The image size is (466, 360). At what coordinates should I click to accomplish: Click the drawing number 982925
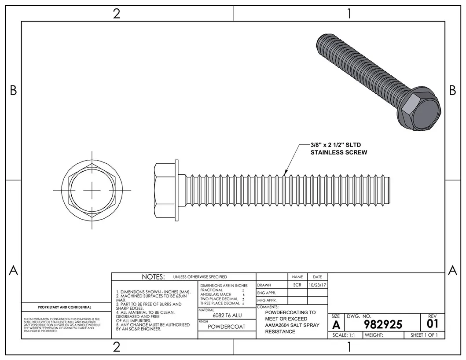pyautogui.click(x=383, y=324)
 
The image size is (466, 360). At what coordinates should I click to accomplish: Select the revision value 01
pyautogui.click(x=432, y=324)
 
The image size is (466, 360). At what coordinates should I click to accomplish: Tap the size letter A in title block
pyautogui.click(x=336, y=325)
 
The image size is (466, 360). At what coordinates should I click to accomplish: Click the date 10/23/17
pyautogui.click(x=317, y=285)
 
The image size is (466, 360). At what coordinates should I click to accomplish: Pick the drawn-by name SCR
pyautogui.click(x=297, y=285)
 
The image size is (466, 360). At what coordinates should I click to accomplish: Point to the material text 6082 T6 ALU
pyautogui.click(x=227, y=316)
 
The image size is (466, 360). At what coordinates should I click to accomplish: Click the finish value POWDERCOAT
pyautogui.click(x=227, y=327)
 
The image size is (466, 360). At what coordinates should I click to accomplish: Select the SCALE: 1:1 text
pyautogui.click(x=345, y=335)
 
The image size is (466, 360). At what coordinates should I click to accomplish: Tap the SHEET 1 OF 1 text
pyautogui.click(x=425, y=335)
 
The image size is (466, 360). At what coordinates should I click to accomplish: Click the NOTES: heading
pyautogui.click(x=153, y=277)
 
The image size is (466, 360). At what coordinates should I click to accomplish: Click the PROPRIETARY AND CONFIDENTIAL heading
pyautogui.click(x=65, y=307)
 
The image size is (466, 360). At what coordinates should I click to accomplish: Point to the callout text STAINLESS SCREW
pyautogui.click(x=338, y=152)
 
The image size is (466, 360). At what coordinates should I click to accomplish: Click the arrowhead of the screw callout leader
pyautogui.click(x=286, y=173)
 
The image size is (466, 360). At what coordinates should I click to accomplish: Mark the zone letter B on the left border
pyautogui.click(x=13, y=90)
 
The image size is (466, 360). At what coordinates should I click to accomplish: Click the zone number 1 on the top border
pyautogui.click(x=349, y=14)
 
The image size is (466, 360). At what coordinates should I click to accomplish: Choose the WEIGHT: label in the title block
pyautogui.click(x=374, y=335)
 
